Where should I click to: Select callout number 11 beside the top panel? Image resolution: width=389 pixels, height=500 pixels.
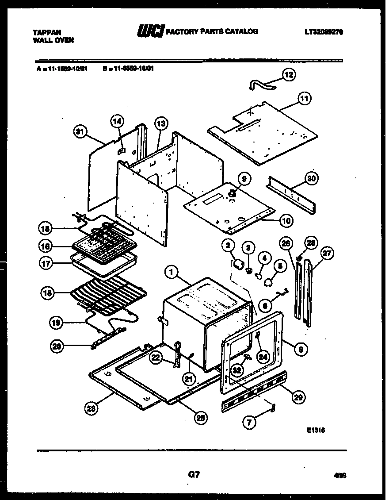[305, 98]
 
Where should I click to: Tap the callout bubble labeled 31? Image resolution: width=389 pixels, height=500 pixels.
[80, 131]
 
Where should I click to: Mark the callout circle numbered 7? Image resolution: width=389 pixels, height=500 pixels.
[249, 422]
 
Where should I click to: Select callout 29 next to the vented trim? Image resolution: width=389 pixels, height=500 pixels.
[299, 396]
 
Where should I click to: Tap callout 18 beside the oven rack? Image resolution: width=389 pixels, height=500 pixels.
[47, 292]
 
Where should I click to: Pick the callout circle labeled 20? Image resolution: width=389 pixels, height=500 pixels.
[57, 347]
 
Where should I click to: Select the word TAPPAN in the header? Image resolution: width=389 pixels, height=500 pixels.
[47, 32]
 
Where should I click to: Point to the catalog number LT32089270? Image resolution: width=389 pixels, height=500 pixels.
[324, 32]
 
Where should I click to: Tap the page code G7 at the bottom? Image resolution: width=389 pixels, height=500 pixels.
[194, 475]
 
